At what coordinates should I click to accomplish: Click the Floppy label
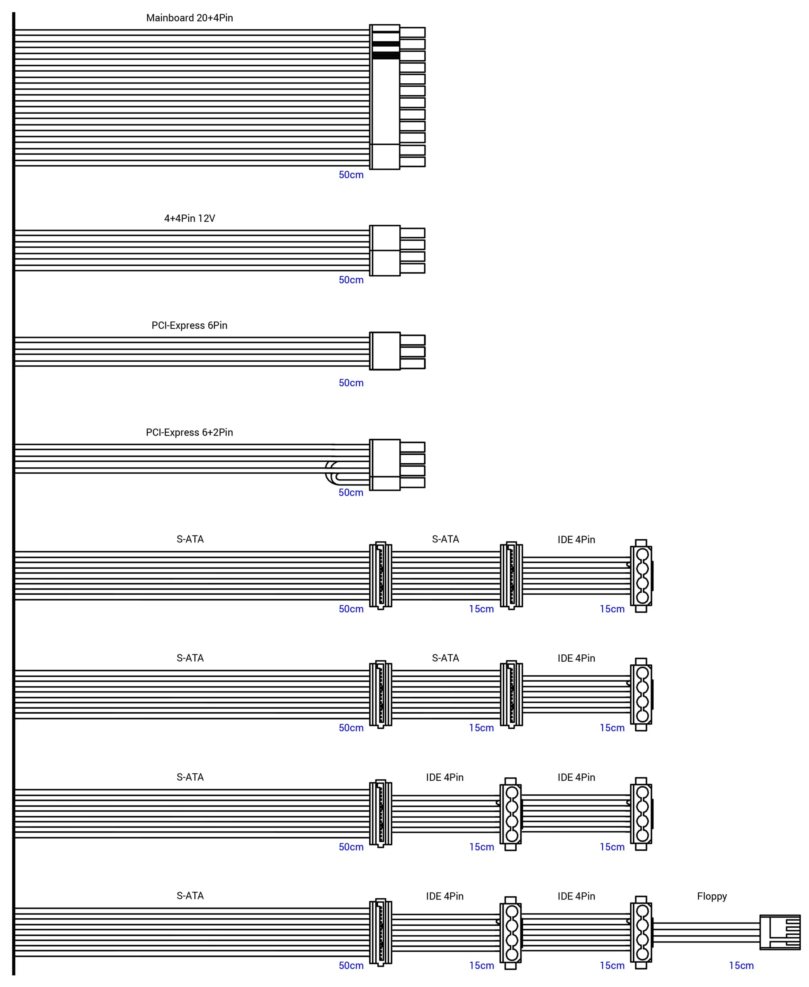click(x=712, y=896)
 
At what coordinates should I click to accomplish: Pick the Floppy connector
click(x=780, y=933)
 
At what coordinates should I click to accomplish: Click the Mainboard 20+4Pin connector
click(x=396, y=97)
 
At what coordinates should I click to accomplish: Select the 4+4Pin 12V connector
click(x=396, y=251)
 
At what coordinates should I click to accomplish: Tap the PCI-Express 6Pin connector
click(x=396, y=351)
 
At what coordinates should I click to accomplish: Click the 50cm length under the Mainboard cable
click(x=351, y=175)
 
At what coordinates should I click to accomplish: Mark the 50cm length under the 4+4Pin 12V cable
click(x=351, y=280)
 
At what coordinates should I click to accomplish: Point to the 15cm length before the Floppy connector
click(x=741, y=965)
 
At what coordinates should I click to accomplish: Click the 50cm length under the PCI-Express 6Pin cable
click(x=351, y=383)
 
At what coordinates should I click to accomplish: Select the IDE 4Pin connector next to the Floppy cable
click(x=641, y=933)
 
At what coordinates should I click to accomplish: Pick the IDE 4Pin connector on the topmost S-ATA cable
click(x=641, y=576)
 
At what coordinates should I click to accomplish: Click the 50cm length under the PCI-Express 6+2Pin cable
click(x=351, y=492)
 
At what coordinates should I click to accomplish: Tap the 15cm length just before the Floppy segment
click(x=612, y=965)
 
